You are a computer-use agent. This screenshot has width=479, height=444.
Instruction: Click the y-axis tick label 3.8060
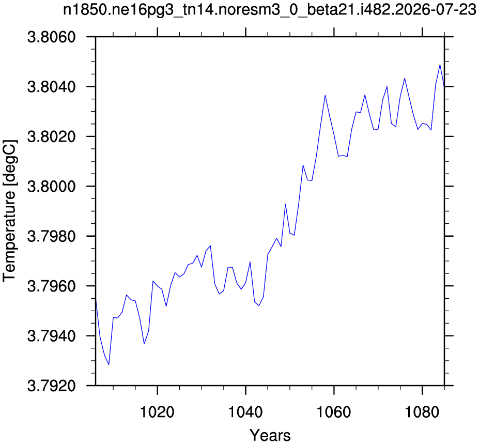(x=52, y=37)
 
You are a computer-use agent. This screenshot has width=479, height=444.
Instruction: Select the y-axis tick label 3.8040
(x=52, y=87)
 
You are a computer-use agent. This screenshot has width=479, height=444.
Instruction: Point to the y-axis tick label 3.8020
(x=52, y=137)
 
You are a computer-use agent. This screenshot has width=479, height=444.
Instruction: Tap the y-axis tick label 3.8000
(x=52, y=187)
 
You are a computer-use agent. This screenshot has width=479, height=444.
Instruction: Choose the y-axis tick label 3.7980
(x=52, y=237)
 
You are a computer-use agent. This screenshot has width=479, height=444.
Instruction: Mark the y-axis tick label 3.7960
(x=52, y=286)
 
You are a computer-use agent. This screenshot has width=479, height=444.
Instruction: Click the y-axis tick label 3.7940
(x=52, y=336)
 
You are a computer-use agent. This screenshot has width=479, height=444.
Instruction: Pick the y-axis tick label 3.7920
(x=52, y=386)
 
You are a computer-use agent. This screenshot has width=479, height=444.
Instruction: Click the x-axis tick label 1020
(x=157, y=412)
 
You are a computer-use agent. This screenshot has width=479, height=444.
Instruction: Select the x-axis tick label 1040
(x=245, y=412)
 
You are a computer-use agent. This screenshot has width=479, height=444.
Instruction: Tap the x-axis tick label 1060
(x=334, y=412)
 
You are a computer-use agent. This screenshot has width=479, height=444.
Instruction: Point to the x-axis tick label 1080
(x=422, y=412)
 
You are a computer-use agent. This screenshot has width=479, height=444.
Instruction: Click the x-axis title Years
(x=270, y=435)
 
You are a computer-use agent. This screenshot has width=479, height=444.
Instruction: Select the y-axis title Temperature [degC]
(x=10, y=211)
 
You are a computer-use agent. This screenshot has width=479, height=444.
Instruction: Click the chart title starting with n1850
(x=270, y=11)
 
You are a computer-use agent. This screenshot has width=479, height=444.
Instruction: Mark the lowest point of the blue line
(x=109, y=364)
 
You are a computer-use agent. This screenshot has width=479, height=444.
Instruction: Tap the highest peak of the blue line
(x=440, y=65)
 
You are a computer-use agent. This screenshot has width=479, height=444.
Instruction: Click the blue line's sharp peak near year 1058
(x=325, y=95)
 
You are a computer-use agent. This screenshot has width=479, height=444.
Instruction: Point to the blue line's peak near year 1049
(x=285, y=204)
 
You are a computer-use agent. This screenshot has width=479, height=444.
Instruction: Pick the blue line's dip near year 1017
(x=144, y=344)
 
